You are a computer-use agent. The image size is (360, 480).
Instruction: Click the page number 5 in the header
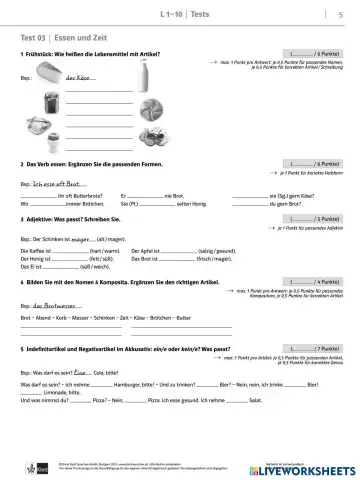(341, 14)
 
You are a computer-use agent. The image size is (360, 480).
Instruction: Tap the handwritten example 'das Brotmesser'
(59, 305)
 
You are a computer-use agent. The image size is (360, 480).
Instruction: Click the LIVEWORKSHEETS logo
(319, 470)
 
